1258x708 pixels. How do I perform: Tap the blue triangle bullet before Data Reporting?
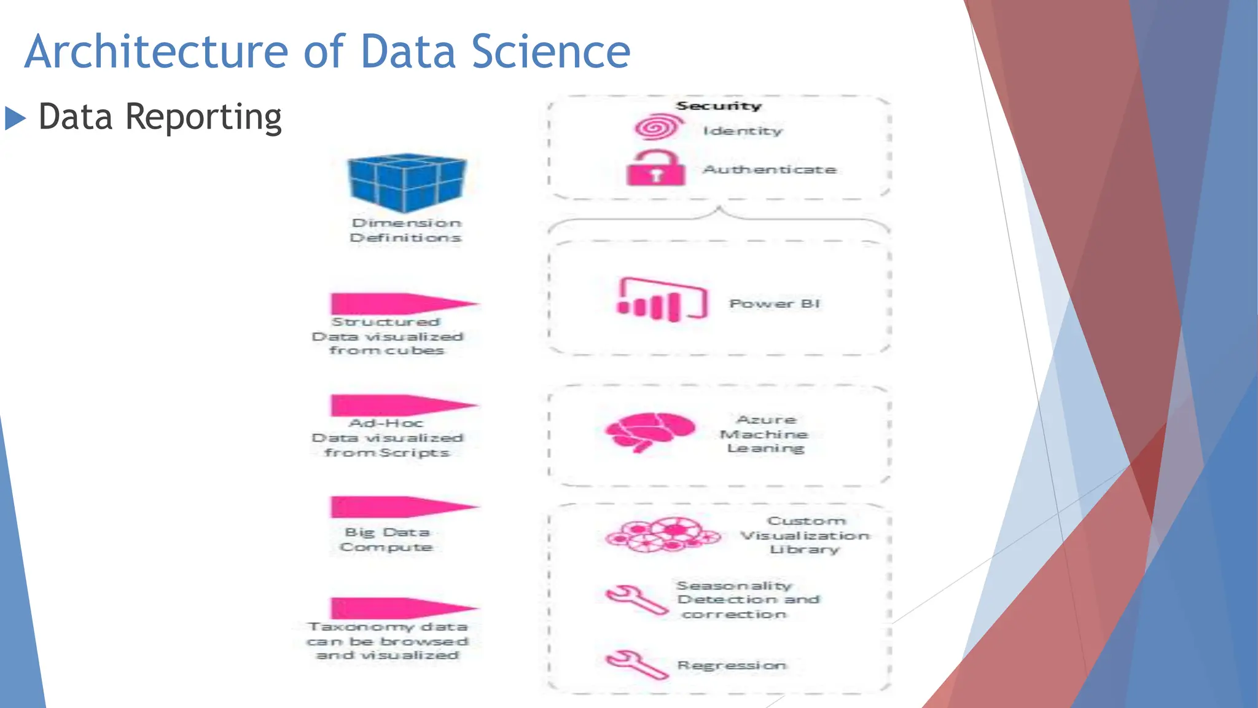[15, 118]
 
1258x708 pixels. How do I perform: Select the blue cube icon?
[407, 183]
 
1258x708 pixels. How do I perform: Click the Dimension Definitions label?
[406, 230]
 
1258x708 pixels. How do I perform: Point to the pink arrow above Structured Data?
[402, 304]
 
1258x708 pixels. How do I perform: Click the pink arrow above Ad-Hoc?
[402, 405]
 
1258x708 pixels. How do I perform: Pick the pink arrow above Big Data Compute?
[402, 506]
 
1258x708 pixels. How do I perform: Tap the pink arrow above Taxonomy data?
[402, 608]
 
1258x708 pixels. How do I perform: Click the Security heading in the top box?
[719, 106]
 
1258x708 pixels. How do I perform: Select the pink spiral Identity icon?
[658, 127]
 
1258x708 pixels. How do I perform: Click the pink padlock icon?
[655, 168]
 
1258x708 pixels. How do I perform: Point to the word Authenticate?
[770, 170]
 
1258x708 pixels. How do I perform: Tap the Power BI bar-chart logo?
[662, 301]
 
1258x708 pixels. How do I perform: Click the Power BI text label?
[775, 304]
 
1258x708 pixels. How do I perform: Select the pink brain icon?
[650, 431]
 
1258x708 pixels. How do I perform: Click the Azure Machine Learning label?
[765, 434]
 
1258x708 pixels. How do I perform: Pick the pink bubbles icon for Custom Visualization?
[662, 535]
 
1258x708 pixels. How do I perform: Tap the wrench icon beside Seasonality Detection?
[636, 599]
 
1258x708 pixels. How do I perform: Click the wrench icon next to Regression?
[636, 664]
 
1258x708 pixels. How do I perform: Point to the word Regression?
[732, 666]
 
